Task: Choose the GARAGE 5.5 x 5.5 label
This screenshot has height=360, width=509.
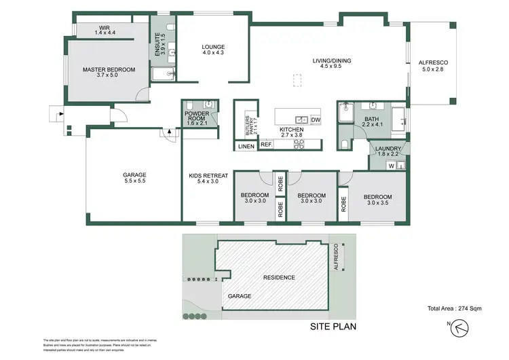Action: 134,177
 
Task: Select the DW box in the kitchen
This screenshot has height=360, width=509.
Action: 315,120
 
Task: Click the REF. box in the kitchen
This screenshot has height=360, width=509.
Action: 266,145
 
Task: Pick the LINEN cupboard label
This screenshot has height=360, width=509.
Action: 246,145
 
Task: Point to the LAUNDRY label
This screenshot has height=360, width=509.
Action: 389,151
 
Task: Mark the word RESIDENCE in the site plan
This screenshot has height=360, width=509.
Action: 279,277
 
